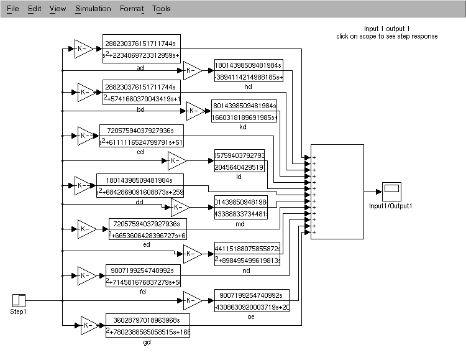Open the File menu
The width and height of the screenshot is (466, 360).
click(x=12, y=9)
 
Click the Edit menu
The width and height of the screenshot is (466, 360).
click(x=34, y=9)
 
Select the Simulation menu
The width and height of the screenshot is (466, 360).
click(x=93, y=9)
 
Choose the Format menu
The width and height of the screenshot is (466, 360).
click(x=131, y=9)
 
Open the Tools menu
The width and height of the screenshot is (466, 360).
click(x=161, y=9)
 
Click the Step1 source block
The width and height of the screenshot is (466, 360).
click(x=18, y=300)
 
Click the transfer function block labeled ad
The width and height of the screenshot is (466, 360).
click(x=142, y=48)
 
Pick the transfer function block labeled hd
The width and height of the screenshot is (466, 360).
click(x=248, y=71)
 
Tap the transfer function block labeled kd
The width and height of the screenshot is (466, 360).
click(x=244, y=111)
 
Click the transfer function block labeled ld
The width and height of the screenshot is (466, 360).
click(x=239, y=161)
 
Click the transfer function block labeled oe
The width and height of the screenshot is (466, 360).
click(x=252, y=301)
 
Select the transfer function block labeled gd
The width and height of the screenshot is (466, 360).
click(x=147, y=325)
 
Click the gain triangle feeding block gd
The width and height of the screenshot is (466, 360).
click(x=89, y=325)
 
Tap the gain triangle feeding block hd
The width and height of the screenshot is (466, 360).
click(x=192, y=71)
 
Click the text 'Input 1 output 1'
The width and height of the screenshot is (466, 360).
click(x=386, y=29)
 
